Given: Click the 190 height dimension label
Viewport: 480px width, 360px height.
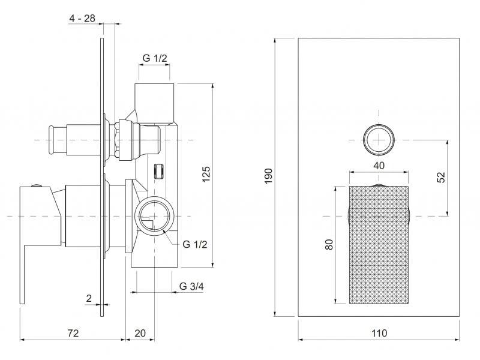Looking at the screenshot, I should click(x=269, y=176).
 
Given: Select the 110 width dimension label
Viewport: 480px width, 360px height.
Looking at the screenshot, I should click(x=379, y=333).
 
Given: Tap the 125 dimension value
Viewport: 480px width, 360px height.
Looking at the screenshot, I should click(x=206, y=174).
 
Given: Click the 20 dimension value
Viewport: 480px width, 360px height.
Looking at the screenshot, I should click(x=139, y=333).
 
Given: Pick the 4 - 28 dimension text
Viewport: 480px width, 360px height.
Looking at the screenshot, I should click(x=82, y=19).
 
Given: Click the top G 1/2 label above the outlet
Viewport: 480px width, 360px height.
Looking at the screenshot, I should click(x=155, y=58).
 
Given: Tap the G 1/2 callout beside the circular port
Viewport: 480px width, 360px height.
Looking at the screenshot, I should click(x=195, y=244).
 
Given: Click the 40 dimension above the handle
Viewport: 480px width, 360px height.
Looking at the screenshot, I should click(x=379, y=165).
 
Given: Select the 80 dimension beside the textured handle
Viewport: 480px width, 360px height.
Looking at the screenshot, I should click(x=329, y=246).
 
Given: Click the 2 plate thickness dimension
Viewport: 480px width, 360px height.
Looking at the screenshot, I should click(x=89, y=298).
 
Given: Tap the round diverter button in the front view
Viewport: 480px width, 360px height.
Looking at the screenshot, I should click(x=379, y=140).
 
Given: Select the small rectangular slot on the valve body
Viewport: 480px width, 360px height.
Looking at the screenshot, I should click(x=160, y=171).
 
